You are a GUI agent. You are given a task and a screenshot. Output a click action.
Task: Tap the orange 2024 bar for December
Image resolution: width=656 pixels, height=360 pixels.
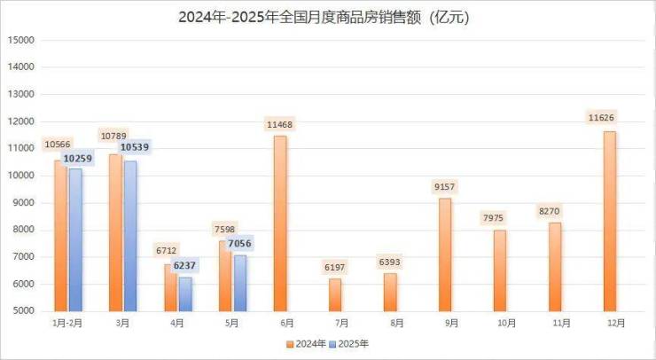[609, 222]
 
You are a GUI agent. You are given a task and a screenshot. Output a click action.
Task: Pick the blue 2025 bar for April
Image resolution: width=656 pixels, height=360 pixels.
[185, 293]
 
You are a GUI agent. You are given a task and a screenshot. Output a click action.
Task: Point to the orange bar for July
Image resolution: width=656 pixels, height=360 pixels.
[334, 294]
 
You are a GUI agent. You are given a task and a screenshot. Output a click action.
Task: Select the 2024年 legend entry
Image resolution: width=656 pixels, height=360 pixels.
[305, 343]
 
